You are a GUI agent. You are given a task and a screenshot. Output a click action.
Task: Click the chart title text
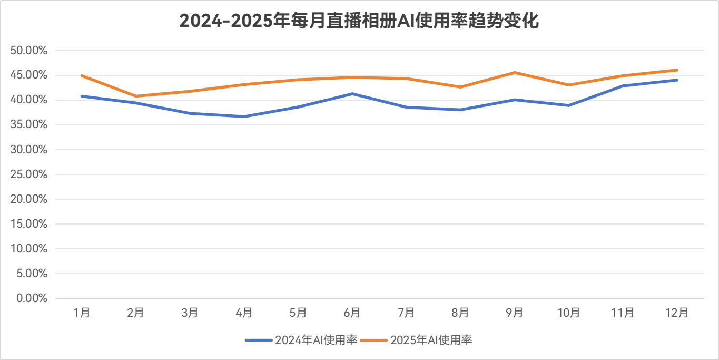pyautogui.click(x=359, y=21)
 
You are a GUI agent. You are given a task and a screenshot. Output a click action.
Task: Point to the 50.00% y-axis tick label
pyautogui.click(x=29, y=51)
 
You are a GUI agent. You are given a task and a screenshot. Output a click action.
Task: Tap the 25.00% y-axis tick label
pyautogui.click(x=29, y=174)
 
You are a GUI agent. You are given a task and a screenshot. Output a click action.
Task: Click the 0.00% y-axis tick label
pyautogui.click(x=31, y=298)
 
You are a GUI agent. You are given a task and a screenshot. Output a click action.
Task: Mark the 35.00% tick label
pyautogui.click(x=29, y=125)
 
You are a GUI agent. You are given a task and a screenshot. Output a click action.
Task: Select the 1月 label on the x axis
pyautogui.click(x=82, y=313)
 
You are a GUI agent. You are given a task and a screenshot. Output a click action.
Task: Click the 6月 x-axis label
pyautogui.click(x=352, y=313)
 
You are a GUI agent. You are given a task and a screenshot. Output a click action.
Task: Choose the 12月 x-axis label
pyautogui.click(x=677, y=313)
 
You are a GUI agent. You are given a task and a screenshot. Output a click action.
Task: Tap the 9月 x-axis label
pyautogui.click(x=515, y=313)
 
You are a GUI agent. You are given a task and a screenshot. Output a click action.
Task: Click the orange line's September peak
pyautogui.click(x=515, y=72)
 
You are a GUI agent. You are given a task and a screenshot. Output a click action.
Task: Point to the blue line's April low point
pyautogui.click(x=244, y=116)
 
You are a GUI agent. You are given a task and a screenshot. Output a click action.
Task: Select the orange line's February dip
pyautogui.click(x=136, y=96)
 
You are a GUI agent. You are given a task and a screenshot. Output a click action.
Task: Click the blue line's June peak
pyautogui.click(x=352, y=93)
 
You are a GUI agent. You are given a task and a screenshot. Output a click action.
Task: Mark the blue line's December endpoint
pyautogui.click(x=677, y=80)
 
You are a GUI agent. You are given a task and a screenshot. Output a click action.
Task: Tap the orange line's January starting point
pyautogui.click(x=82, y=76)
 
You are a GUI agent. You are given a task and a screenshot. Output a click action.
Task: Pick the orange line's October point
pyautogui.click(x=569, y=85)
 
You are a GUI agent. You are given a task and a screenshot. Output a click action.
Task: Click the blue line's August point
pyautogui.click(x=460, y=110)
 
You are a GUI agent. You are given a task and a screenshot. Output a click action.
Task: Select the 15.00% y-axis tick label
pyautogui.click(x=29, y=224)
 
